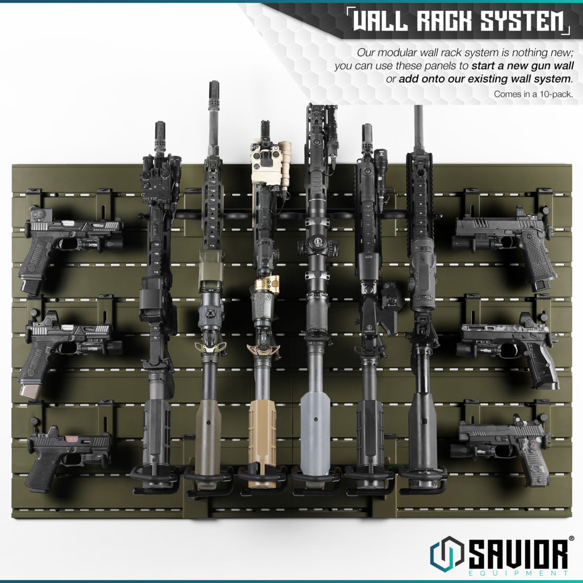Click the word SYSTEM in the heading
coord(522,21)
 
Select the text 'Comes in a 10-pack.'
coord(533,94)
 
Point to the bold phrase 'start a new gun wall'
coord(523,66)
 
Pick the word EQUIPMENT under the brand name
coord(518,573)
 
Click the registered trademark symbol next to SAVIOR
coord(571,538)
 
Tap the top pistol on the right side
coord(509,238)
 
